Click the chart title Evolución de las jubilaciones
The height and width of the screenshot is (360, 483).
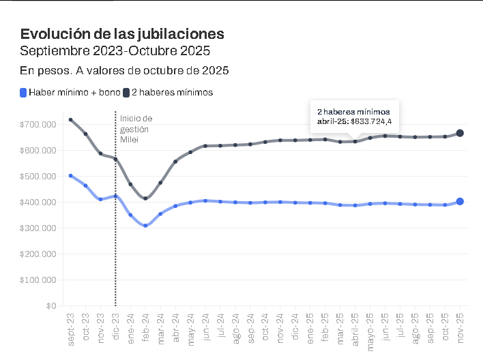pyautogui.click(x=122, y=34)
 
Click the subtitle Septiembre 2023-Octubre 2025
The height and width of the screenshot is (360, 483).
pyautogui.click(x=115, y=51)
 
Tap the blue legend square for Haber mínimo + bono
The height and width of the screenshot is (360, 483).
pyautogui.click(x=24, y=92)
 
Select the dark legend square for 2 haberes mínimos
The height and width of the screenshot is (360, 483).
pyautogui.click(x=126, y=92)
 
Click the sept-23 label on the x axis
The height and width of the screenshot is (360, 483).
pyautogui.click(x=71, y=329)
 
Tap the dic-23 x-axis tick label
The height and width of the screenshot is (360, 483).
pyautogui.click(x=115, y=327)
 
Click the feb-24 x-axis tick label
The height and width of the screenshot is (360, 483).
pyautogui.click(x=145, y=327)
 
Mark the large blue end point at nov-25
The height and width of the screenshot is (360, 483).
pyautogui.click(x=460, y=202)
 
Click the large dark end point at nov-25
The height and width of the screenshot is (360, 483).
pyautogui.click(x=460, y=133)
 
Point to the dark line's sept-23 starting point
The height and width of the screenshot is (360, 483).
pyautogui.click(x=71, y=120)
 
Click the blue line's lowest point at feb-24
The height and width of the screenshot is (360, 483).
pyautogui.click(x=145, y=225)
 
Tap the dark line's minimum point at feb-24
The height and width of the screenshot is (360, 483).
pyautogui.click(x=145, y=198)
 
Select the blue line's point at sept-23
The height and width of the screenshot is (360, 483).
pyautogui.click(x=71, y=176)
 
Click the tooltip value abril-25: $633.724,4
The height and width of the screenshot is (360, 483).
pyautogui.click(x=354, y=121)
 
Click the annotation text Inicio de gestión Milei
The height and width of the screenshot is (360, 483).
pyautogui.click(x=136, y=129)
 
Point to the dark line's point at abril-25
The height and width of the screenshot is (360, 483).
pyautogui.click(x=355, y=141)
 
